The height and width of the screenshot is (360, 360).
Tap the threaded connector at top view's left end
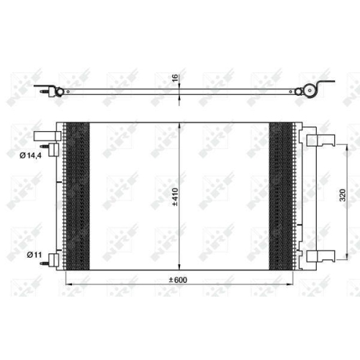coord(50,91)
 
